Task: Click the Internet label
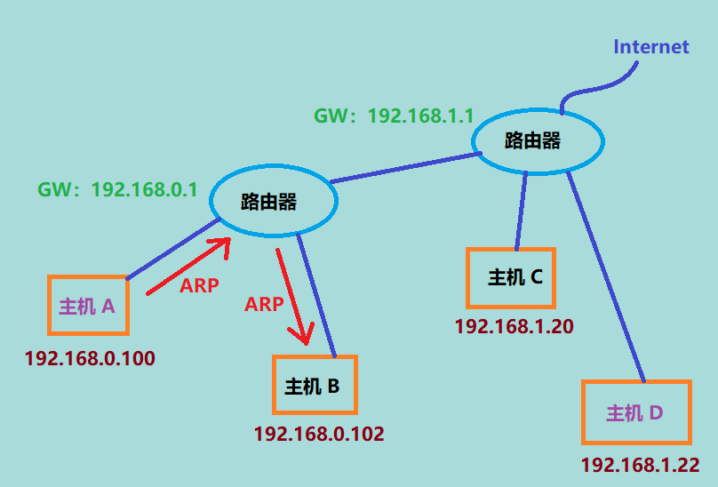click(651, 46)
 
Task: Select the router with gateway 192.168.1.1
click(537, 141)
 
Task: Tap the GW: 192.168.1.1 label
click(393, 116)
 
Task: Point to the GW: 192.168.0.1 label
click(117, 189)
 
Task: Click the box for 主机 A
click(88, 306)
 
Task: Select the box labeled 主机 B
click(314, 386)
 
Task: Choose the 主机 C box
click(511, 277)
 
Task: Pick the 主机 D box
click(636, 412)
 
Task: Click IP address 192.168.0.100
click(91, 359)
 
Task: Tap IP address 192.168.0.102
click(319, 435)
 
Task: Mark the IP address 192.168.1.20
click(514, 326)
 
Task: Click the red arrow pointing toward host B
click(293, 297)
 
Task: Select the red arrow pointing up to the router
click(187, 266)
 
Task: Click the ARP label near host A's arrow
click(199, 285)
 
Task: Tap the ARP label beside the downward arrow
click(264, 304)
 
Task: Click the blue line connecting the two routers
click(405, 168)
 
